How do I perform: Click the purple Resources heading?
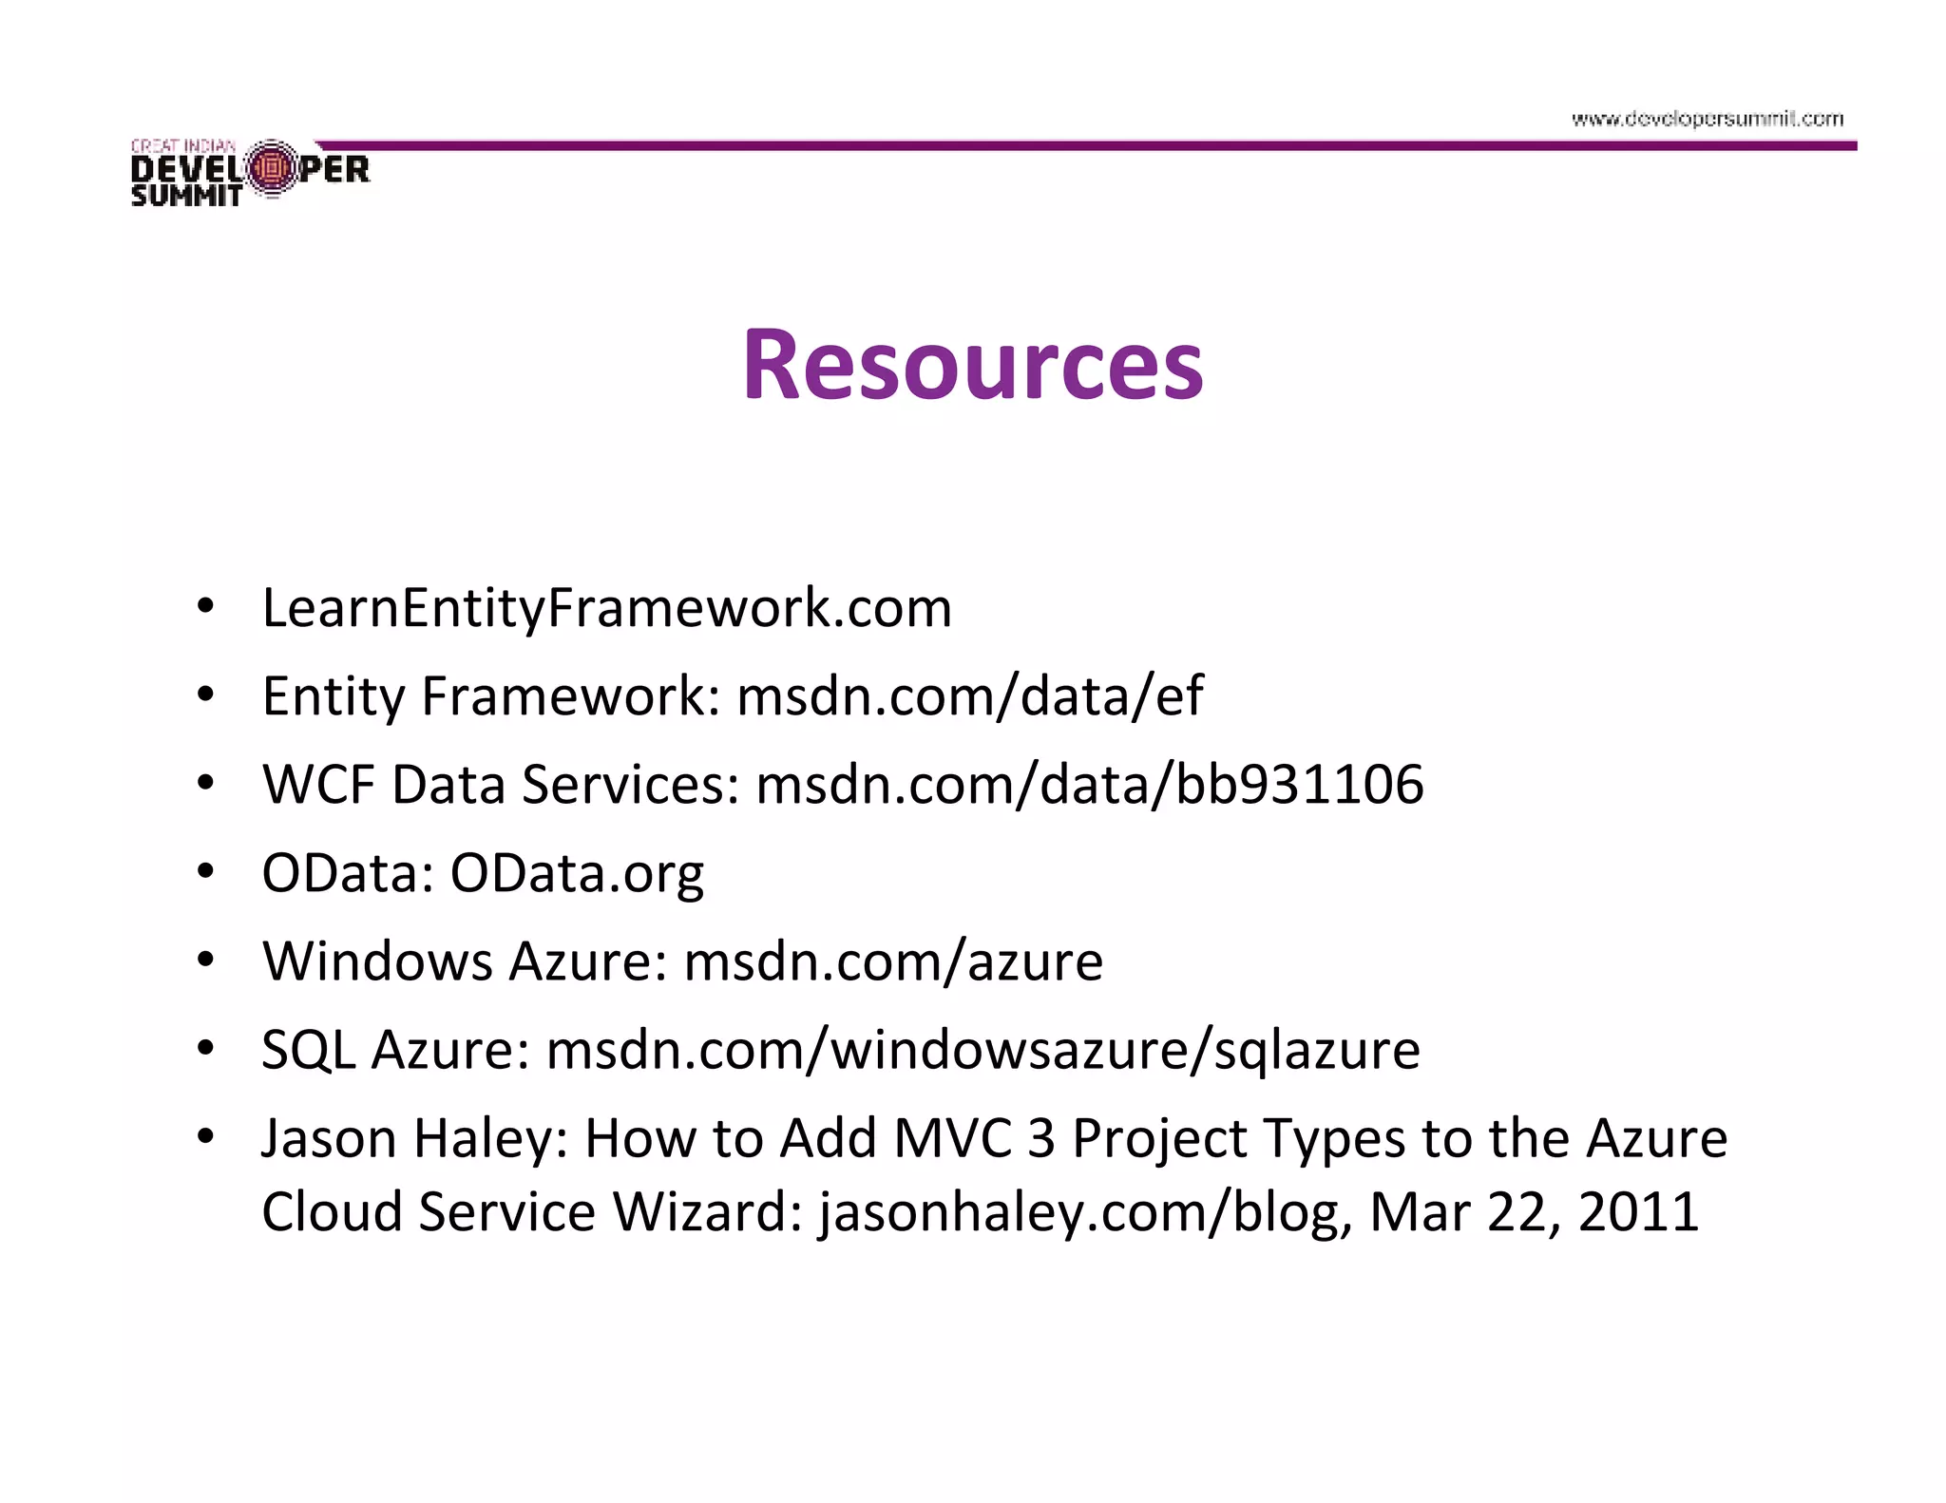[972, 365]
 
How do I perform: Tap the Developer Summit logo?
[250, 172]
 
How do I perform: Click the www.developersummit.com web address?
[1707, 119]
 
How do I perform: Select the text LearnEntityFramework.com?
[606, 608]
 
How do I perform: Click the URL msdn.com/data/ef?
[969, 696]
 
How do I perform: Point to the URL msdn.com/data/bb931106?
[1089, 785]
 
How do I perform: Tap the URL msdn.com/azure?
[893, 961]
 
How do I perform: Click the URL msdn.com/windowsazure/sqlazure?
[983, 1051]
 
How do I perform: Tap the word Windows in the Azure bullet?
[377, 961]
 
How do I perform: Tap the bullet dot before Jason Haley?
[205, 1136]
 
